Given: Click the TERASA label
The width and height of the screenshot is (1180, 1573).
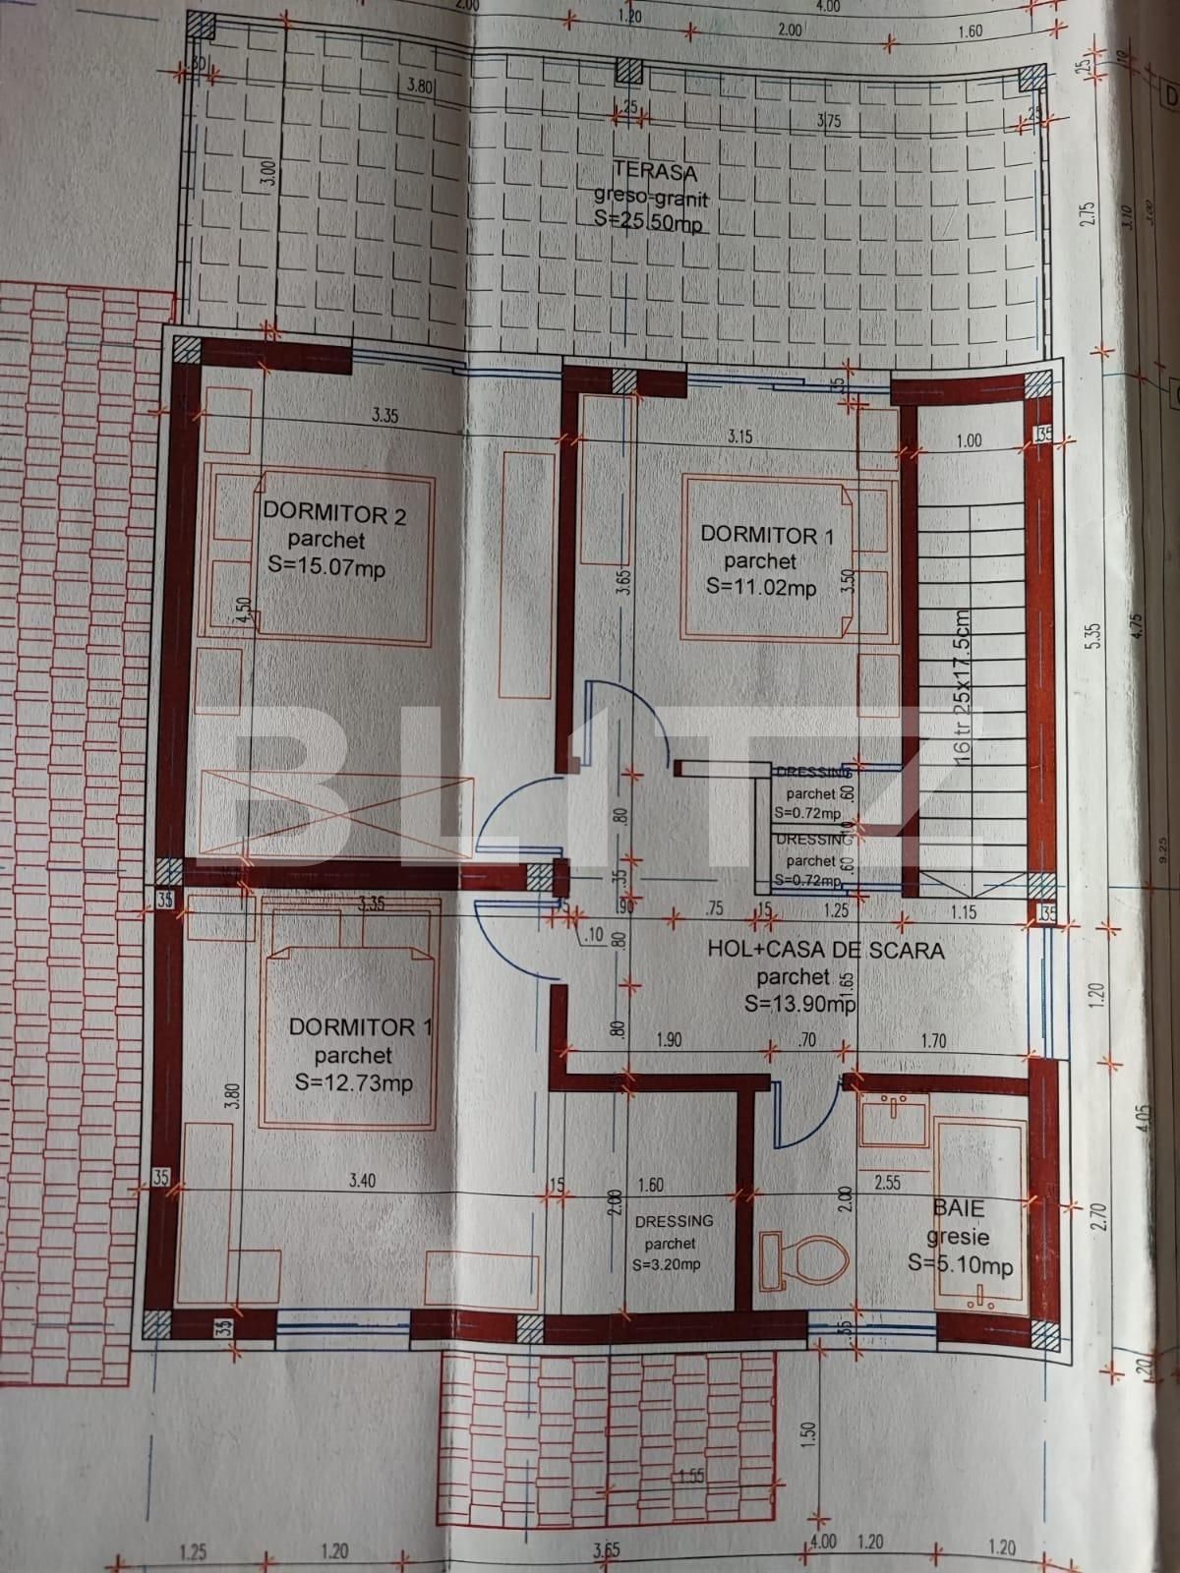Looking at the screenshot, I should point(652,173).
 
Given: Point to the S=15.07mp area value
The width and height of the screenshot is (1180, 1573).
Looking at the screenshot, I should point(326,566).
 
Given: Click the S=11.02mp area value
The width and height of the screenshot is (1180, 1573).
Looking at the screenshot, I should point(761,588).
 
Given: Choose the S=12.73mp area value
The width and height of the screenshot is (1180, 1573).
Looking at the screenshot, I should point(353,1082).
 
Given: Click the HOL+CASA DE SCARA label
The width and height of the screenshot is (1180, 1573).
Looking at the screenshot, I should point(826,951).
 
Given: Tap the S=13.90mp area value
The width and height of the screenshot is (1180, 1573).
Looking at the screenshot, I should point(799,1004).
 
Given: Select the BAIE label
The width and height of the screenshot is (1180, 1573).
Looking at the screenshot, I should point(960,1208).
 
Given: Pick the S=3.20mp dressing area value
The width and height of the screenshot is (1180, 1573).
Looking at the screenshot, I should point(668,1264).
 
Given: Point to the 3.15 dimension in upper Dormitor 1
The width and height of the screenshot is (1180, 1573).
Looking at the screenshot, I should point(739,436).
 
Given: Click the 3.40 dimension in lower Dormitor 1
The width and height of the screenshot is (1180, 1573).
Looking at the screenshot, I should point(362,1182).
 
